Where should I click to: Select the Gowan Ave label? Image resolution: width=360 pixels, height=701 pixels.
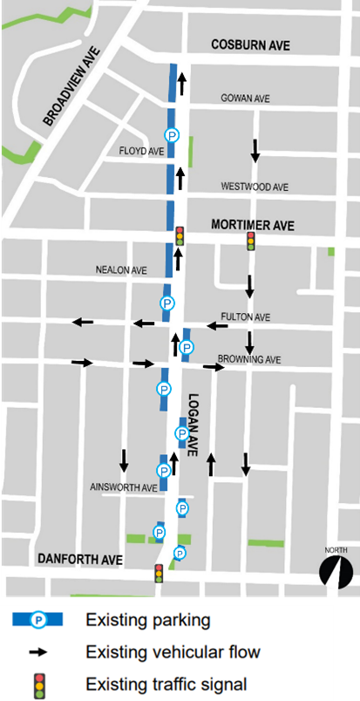(246, 99)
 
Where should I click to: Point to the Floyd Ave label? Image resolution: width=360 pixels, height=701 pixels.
(141, 151)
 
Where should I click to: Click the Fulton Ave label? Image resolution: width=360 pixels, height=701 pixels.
(246, 316)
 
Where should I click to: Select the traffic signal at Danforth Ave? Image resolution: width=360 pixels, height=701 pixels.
(159, 573)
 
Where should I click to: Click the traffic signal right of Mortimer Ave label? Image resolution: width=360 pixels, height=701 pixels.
(251, 241)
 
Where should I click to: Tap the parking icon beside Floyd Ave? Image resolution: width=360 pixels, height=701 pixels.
(172, 135)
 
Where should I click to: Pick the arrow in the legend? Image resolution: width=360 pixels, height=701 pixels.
(39, 651)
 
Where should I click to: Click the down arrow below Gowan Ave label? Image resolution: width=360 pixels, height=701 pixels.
(255, 150)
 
